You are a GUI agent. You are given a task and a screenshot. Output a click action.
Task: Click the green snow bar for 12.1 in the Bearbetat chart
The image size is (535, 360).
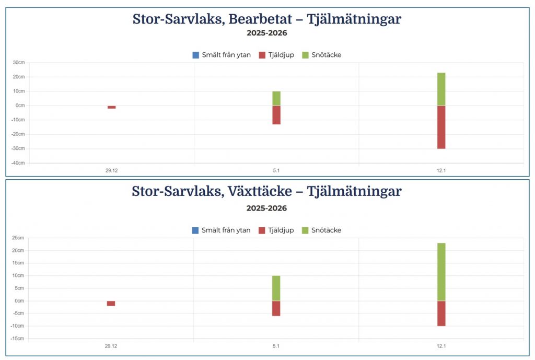pos(441,89)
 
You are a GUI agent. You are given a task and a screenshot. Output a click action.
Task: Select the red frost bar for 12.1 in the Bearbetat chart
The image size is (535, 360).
pos(441,127)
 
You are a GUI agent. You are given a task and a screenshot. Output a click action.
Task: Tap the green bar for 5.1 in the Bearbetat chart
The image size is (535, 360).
pos(276,98)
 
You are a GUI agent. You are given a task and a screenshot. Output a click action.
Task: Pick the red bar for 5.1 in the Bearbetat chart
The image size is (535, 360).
pos(276,115)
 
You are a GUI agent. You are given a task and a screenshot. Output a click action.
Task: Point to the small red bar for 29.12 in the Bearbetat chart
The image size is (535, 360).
pos(111,107)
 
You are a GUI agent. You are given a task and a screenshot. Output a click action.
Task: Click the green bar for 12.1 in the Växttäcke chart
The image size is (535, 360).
pos(441,272)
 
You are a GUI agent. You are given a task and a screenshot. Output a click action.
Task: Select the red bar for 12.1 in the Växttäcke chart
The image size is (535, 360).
pos(441,313)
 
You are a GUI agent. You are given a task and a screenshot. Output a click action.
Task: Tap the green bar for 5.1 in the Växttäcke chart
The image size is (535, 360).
pos(276,288)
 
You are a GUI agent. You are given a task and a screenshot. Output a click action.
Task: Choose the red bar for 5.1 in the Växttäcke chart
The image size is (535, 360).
pos(276,308)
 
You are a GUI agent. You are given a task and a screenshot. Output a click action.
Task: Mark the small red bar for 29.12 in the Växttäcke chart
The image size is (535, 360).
pos(111,303)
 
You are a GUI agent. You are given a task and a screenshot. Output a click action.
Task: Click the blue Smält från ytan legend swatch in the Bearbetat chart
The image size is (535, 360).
pos(196,55)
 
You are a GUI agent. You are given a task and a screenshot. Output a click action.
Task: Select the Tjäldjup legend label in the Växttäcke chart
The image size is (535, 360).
pos(281,230)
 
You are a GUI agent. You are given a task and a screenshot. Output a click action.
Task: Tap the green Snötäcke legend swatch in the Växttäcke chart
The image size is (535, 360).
pos(305,230)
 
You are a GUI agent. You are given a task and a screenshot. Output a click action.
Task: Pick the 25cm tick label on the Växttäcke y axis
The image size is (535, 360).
pos(19,238)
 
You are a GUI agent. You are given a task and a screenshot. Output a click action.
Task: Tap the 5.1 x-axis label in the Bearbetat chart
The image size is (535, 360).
pos(276,170)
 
